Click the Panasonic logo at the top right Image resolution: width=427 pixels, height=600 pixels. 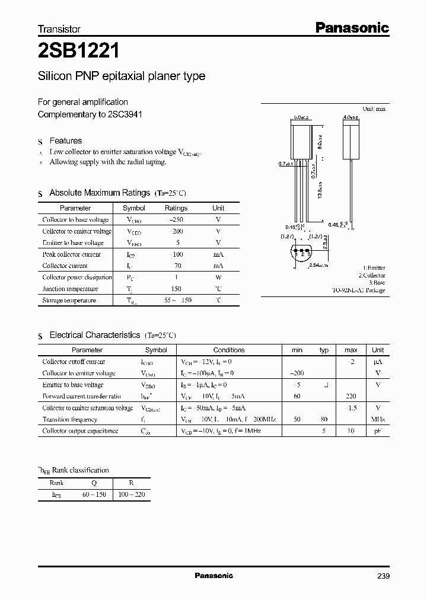351,27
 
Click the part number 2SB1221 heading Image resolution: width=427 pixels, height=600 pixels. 79,51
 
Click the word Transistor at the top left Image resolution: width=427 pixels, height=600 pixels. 59,28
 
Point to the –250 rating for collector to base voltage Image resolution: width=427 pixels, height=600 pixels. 176,219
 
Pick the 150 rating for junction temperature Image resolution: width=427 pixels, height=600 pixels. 176,289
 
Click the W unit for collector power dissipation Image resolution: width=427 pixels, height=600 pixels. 218,277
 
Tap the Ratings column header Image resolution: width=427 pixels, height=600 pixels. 176,208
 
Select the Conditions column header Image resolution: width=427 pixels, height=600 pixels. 229,350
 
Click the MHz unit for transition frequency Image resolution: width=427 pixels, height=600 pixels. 378,419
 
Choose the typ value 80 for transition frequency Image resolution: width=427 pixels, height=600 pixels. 324,419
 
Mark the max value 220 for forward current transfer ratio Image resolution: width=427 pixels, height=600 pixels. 350,396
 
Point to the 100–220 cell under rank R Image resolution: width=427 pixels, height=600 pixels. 131,494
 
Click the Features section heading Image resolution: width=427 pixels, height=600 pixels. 65,141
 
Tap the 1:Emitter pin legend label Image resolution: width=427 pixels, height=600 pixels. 373,268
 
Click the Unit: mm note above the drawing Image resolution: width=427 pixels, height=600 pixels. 374,109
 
